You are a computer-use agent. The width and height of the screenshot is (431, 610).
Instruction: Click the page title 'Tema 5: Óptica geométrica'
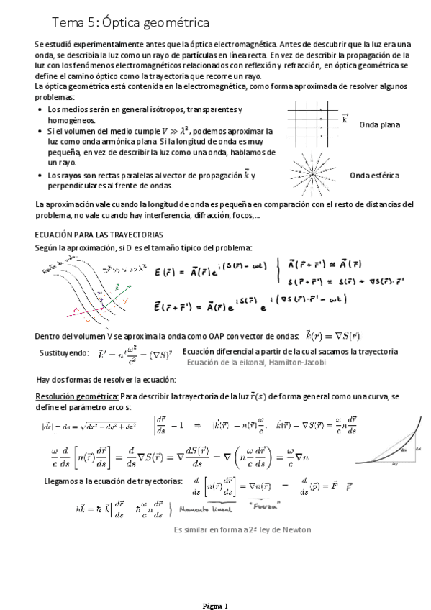coord(126,24)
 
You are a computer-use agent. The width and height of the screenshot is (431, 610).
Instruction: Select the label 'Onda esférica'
coord(374,176)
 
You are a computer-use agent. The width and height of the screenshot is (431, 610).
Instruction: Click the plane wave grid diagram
coord(313,122)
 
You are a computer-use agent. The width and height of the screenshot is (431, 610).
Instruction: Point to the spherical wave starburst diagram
coord(312,173)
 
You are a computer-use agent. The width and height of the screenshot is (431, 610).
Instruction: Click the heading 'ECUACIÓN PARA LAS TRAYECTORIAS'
coord(99,235)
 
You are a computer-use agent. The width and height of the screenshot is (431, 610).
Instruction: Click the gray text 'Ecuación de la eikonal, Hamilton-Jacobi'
coord(256,363)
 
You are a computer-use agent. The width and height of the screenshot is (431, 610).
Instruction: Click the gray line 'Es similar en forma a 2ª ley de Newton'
coord(242,530)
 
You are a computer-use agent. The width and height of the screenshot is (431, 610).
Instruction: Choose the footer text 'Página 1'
coord(214,605)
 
